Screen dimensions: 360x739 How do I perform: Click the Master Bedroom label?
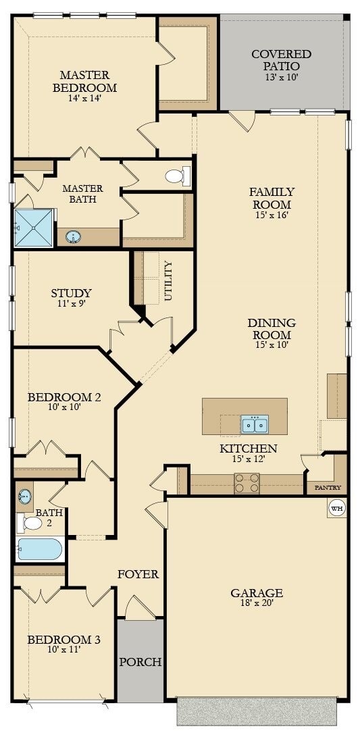point(85,81)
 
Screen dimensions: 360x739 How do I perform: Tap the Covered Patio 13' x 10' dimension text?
point(282,77)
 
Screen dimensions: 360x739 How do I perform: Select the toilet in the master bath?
point(178,176)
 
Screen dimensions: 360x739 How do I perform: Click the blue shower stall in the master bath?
point(34,228)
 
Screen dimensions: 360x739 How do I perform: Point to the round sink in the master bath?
point(73,236)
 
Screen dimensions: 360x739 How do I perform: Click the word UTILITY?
point(168,282)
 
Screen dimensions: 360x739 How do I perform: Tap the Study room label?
point(71,293)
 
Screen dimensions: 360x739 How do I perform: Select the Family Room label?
point(272,198)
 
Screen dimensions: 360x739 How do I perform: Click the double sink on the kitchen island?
point(255,424)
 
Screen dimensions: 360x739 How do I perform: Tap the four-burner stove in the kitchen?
point(247,483)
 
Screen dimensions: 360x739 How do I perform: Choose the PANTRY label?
point(328,488)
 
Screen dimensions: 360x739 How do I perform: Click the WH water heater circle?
point(337,508)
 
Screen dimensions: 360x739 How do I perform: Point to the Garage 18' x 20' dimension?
point(257,602)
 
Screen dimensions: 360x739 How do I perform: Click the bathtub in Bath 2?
point(40,549)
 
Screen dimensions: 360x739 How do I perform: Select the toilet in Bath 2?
point(30,523)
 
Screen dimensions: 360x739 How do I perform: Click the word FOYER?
point(138,575)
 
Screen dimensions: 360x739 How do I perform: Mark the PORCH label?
point(140,662)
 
